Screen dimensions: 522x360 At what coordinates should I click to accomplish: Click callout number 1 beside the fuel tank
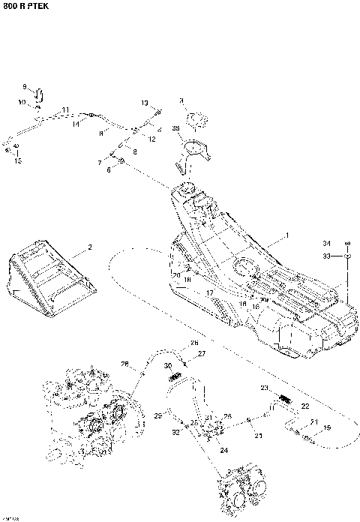[x=286, y=236]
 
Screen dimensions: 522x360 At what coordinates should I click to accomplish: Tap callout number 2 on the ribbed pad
[x=89, y=247]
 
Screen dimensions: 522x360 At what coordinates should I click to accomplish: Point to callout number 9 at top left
[x=24, y=86]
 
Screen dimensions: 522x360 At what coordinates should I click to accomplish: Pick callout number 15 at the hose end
[x=19, y=160]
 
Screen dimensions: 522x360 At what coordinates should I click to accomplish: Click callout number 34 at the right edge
[x=326, y=244]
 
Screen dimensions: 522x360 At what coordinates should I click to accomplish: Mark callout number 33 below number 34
[x=326, y=256]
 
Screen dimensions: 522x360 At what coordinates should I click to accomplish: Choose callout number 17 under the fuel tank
[x=211, y=292]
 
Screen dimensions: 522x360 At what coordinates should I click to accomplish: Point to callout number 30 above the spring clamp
[x=168, y=365]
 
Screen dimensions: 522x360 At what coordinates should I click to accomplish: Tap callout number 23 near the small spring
[x=264, y=388]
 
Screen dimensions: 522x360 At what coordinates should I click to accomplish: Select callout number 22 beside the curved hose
[x=304, y=406]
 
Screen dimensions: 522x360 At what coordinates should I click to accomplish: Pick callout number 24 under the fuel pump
[x=223, y=450]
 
